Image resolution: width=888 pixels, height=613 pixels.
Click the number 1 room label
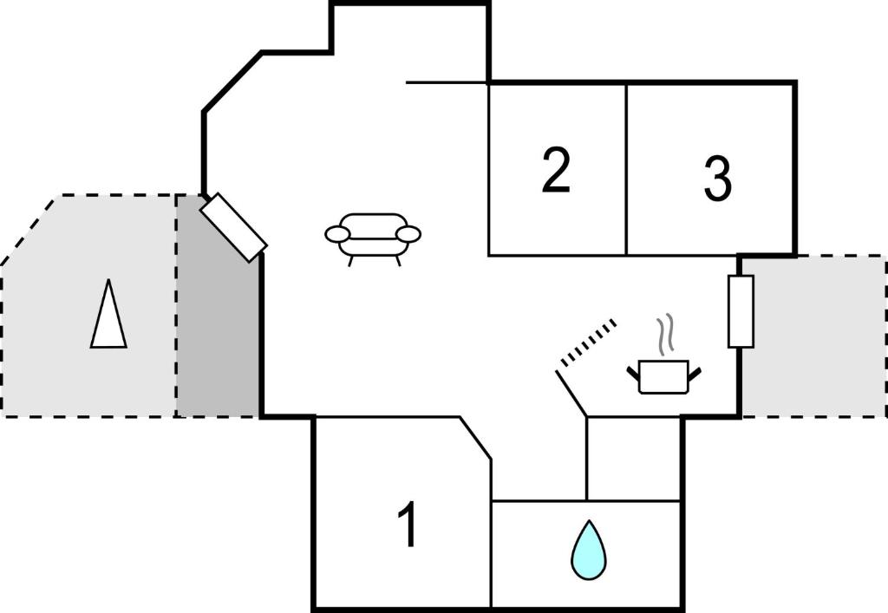[x=408, y=525]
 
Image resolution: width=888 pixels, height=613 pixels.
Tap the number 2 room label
[x=556, y=170]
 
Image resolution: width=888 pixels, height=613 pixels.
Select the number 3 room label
[x=717, y=178]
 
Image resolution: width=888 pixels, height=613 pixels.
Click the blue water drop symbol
[x=589, y=550]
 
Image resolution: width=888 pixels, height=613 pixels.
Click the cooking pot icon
[x=663, y=376]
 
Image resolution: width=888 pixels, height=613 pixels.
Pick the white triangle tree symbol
[x=108, y=313]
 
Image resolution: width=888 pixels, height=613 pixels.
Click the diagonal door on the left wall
[x=233, y=227]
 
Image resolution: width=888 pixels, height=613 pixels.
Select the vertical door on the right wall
[x=741, y=311]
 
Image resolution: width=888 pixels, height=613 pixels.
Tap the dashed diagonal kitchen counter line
[x=588, y=343]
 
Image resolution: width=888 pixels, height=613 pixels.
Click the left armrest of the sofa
[x=337, y=233]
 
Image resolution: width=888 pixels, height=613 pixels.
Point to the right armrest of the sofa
[x=408, y=233]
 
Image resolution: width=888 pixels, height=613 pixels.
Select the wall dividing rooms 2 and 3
[x=626, y=169]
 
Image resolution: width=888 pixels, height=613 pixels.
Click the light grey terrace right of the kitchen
[x=814, y=336]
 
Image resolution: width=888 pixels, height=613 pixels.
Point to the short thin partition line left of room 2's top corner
[x=447, y=82]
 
